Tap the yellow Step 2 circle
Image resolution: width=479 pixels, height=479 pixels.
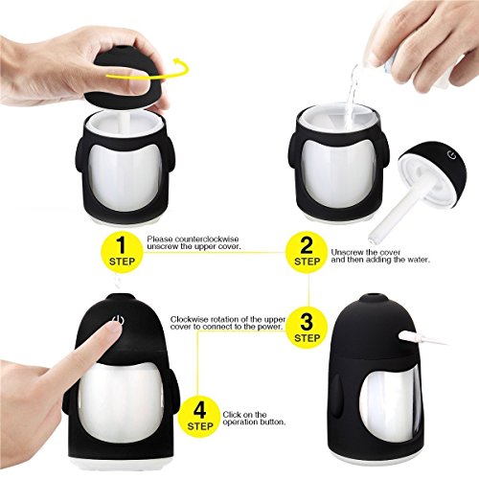pyautogui.click(x=307, y=253)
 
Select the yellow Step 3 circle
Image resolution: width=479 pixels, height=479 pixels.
pyautogui.click(x=307, y=327)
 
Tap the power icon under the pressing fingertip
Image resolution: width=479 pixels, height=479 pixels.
pyautogui.click(x=118, y=319)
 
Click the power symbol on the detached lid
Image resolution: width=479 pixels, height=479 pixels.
pyautogui.click(x=451, y=155)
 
